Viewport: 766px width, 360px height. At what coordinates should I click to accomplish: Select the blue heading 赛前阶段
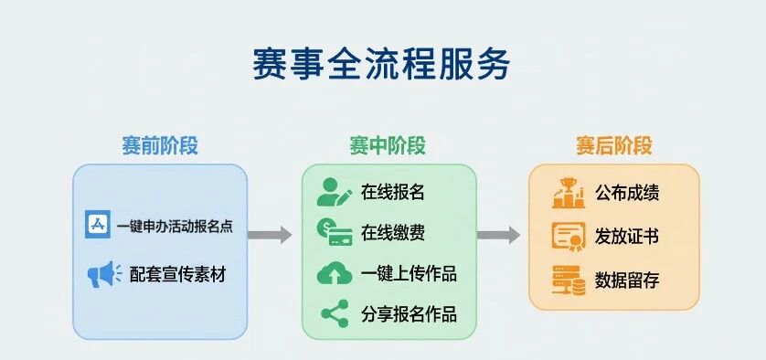(160, 146)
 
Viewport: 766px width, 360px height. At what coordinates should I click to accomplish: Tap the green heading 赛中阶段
(388, 146)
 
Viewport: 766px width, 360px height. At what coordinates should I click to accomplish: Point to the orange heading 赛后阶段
(614, 146)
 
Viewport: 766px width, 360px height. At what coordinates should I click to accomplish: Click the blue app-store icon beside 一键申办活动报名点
(98, 224)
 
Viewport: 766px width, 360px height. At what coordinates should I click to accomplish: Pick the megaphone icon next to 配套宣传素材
(104, 274)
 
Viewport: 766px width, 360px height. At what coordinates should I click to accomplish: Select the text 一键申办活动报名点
(175, 227)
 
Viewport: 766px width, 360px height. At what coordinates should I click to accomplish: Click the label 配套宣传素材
(178, 274)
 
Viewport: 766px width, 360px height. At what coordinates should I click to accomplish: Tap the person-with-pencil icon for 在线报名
(335, 192)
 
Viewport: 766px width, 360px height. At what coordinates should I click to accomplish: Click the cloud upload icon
(335, 274)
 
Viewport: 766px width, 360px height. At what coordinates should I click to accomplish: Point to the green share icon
(335, 313)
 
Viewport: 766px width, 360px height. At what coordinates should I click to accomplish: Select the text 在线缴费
(393, 232)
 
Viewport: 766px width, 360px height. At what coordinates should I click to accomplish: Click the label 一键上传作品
(410, 274)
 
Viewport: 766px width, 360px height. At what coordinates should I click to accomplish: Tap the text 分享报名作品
(410, 313)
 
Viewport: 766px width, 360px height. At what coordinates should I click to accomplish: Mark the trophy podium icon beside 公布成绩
(569, 193)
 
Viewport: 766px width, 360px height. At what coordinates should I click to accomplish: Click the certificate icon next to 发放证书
(569, 237)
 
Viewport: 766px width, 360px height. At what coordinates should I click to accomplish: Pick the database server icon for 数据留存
(569, 281)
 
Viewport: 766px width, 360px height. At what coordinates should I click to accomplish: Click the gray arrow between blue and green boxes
(270, 235)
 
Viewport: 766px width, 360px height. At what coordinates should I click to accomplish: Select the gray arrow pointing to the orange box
(498, 235)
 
